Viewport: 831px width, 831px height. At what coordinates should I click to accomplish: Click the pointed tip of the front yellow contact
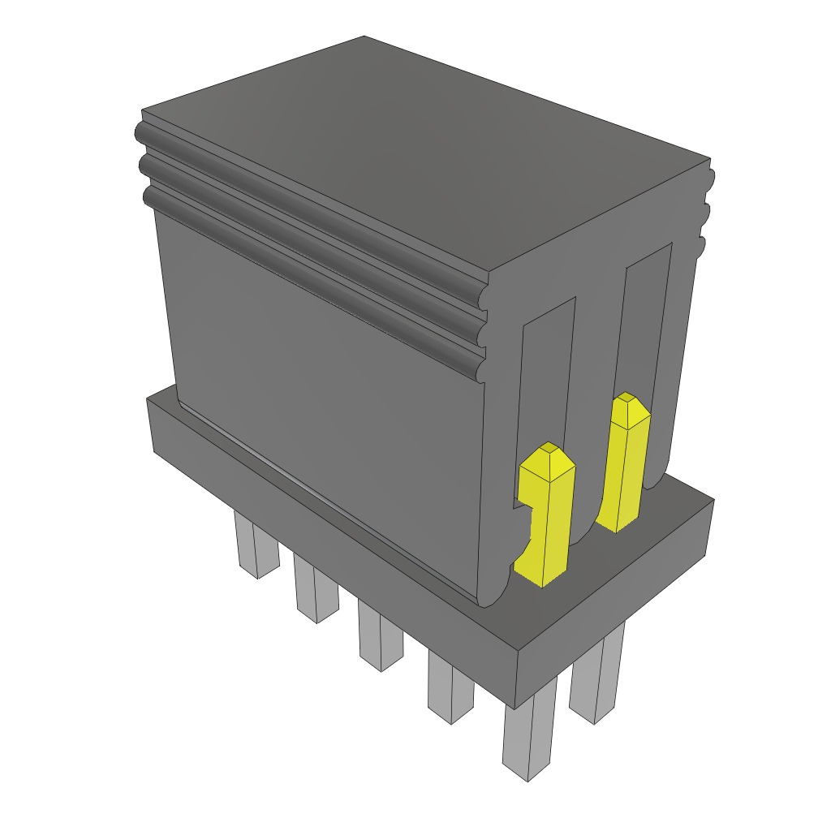(x=549, y=449)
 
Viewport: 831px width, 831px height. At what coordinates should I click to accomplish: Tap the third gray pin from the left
(x=380, y=640)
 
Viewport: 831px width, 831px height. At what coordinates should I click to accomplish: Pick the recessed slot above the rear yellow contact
(x=647, y=325)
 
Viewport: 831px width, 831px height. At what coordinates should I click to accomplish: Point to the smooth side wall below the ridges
(x=325, y=390)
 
